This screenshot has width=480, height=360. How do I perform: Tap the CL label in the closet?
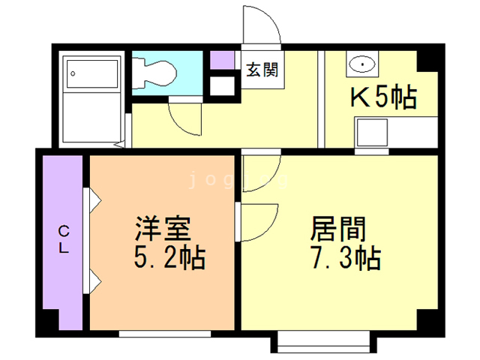(64, 241)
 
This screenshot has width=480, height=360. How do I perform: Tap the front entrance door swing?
(262, 30)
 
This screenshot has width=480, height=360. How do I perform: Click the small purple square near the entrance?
(221, 59)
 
